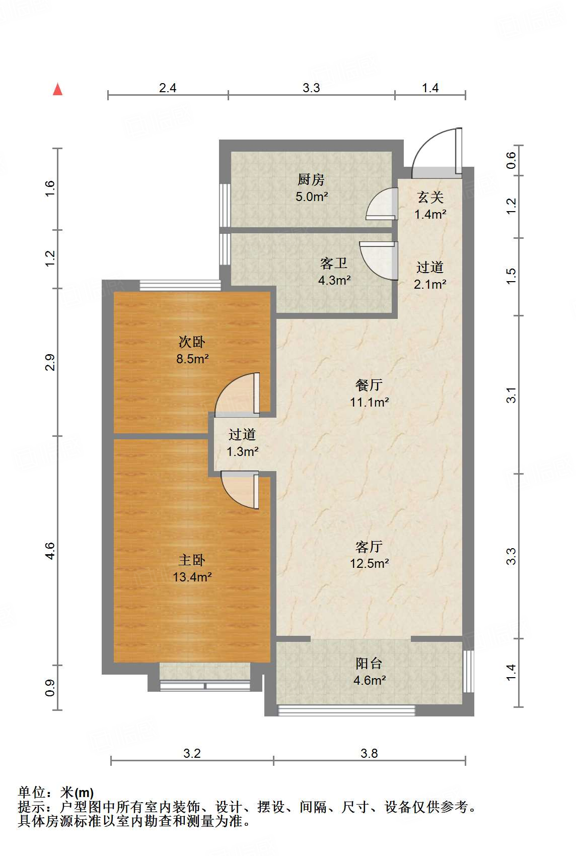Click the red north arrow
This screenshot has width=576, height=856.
[57, 89]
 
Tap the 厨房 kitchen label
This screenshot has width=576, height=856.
[311, 179]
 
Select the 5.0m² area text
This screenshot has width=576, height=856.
[312, 197]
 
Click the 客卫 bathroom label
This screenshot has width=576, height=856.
[334, 264]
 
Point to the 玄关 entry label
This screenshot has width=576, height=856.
[430, 197]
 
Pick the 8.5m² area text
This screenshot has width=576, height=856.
[192, 359]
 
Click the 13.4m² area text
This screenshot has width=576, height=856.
[192, 577]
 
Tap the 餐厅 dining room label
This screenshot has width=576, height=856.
[369, 385]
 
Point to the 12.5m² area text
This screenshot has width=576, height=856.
[370, 563]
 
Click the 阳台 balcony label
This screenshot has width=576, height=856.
[369, 663]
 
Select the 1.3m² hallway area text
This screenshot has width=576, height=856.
[242, 452]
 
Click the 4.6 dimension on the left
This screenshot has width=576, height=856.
[50, 551]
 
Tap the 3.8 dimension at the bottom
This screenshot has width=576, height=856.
[369, 754]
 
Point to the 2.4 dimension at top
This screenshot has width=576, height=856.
[168, 88]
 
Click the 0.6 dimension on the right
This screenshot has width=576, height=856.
[511, 161]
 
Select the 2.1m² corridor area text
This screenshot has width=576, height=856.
[430, 284]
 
